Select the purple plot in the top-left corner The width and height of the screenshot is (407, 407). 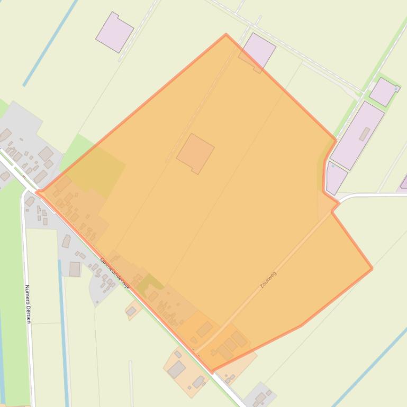pyautogui.click(x=114, y=32)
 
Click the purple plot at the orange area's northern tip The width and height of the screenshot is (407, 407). pyautogui.click(x=258, y=51)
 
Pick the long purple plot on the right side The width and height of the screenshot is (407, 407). pyautogui.click(x=357, y=135)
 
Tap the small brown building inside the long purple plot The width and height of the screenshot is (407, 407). pyautogui.click(x=364, y=134)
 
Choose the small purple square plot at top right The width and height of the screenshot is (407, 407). pyautogui.click(x=383, y=91)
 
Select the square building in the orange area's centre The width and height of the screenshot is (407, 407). pyautogui.click(x=195, y=153)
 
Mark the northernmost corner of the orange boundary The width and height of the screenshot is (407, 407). pyautogui.click(x=226, y=35)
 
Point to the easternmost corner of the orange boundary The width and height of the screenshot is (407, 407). pyautogui.click(x=372, y=269)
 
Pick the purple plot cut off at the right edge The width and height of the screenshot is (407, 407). pyautogui.click(x=404, y=182)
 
